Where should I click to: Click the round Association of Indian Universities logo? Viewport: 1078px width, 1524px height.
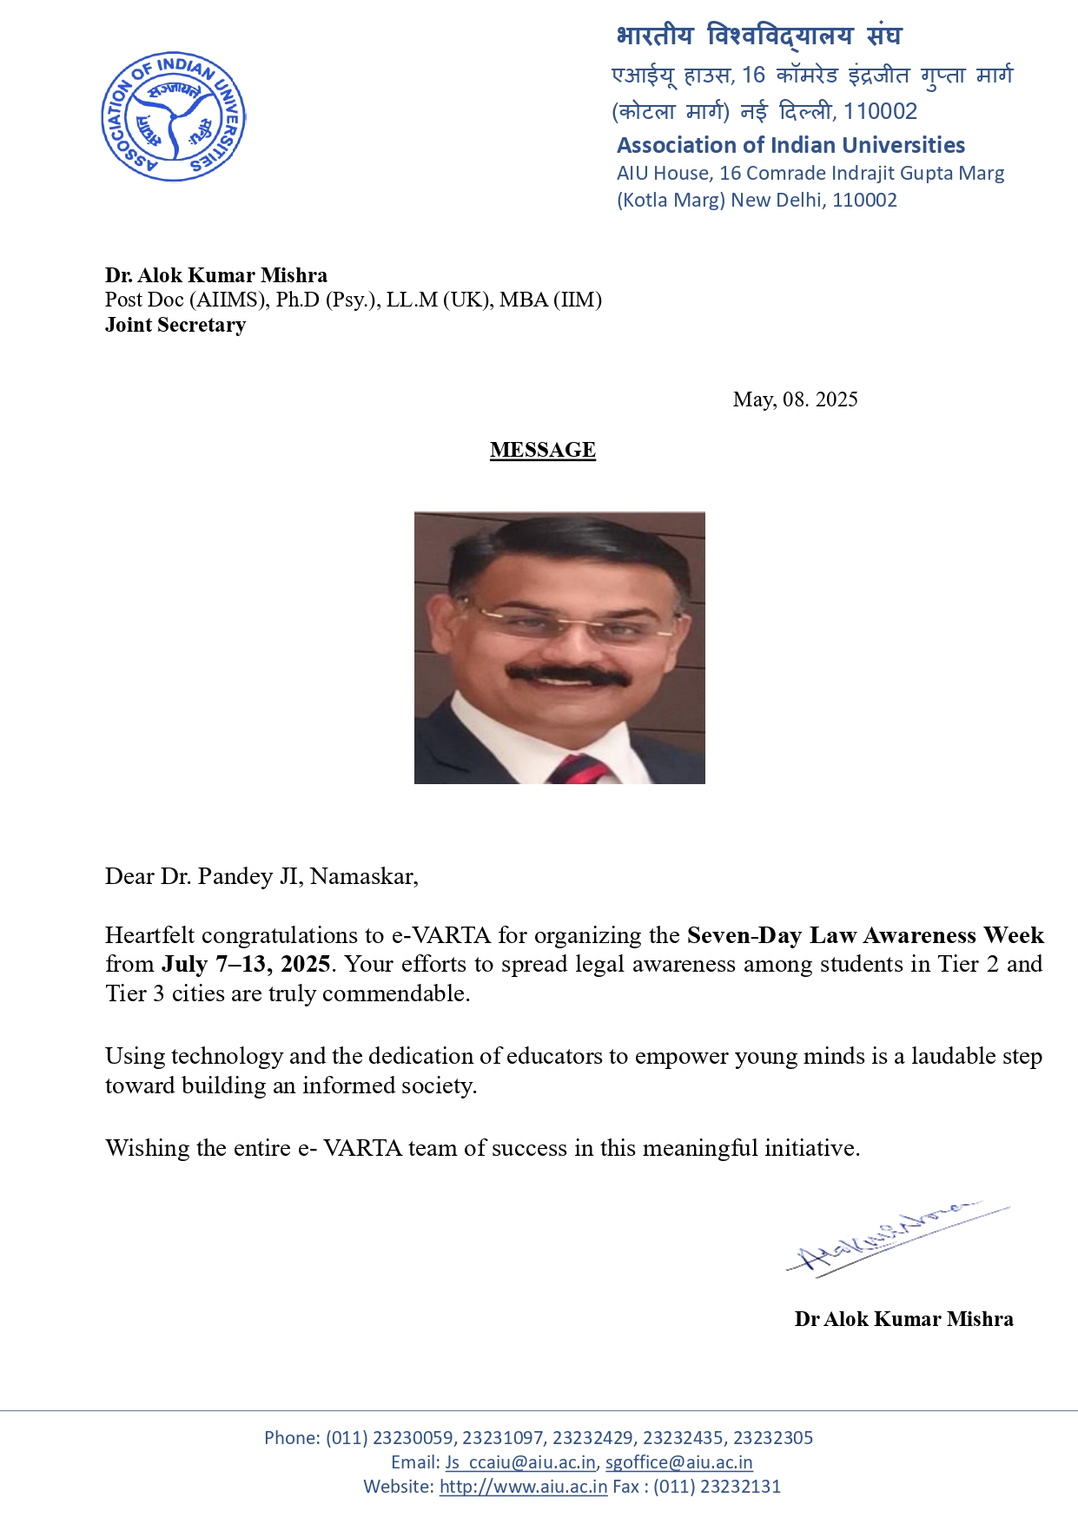click(x=174, y=116)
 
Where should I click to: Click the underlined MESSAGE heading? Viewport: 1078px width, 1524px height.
click(x=542, y=450)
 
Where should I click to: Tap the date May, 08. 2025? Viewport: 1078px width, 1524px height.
click(x=795, y=399)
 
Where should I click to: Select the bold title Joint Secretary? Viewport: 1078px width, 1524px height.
click(x=175, y=325)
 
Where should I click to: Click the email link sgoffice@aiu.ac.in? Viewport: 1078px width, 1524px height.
click(x=678, y=1462)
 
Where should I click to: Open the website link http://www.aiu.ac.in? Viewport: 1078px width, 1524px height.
click(x=523, y=1487)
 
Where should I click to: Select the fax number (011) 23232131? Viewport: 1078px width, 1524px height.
click(x=717, y=1487)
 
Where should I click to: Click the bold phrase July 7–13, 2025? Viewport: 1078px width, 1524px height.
click(x=246, y=965)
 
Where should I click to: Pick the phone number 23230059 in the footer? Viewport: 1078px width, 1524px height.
click(x=413, y=1438)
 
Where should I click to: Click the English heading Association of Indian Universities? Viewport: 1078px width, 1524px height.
click(x=790, y=145)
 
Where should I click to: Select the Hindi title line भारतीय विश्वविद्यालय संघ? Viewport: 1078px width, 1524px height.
click(x=758, y=36)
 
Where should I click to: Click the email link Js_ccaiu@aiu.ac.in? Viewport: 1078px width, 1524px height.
click(x=520, y=1462)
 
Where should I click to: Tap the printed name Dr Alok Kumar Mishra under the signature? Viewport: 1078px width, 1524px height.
click(x=903, y=1319)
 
